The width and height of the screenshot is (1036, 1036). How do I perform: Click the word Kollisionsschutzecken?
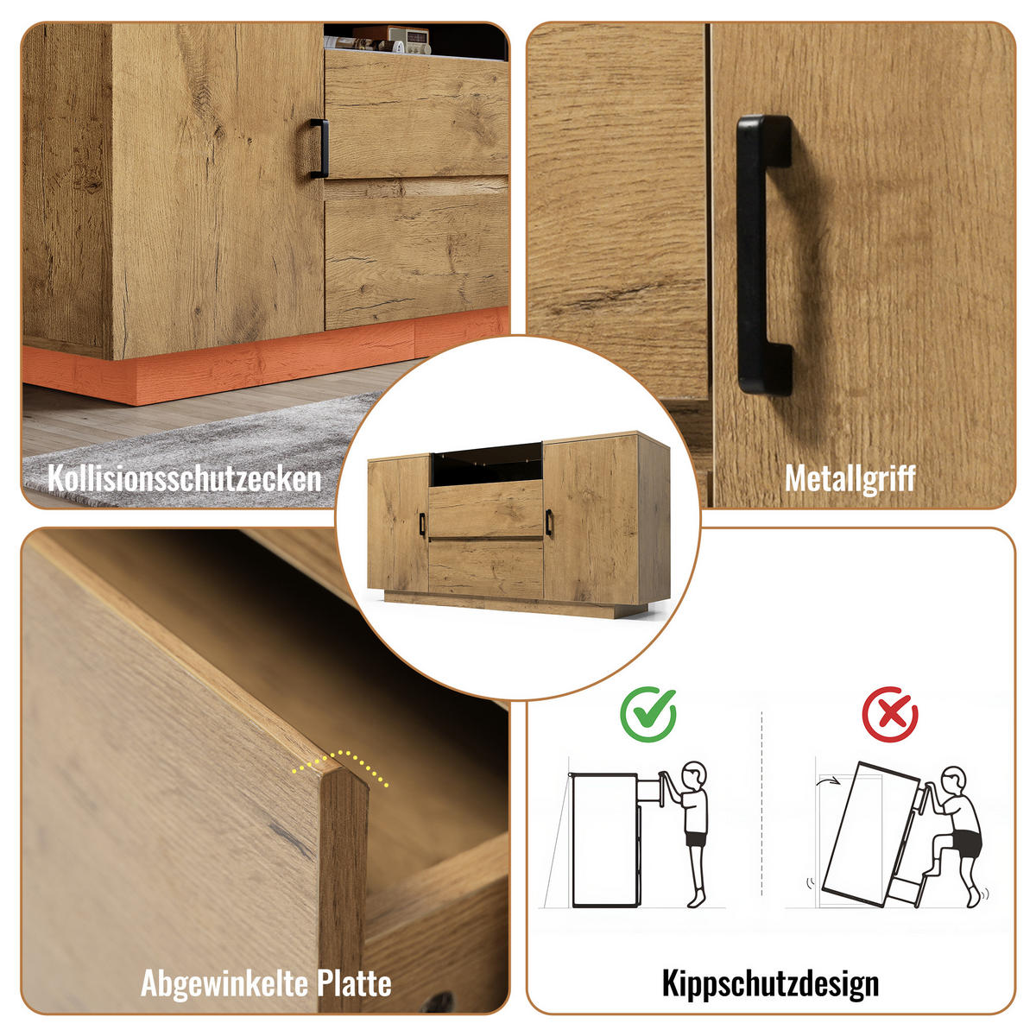click(x=184, y=478)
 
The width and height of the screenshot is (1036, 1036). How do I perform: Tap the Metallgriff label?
click(x=850, y=478)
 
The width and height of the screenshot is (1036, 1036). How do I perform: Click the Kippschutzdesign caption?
click(x=770, y=982)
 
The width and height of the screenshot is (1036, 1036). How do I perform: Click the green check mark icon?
click(x=648, y=714)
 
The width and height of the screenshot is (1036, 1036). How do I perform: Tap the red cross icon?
click(x=890, y=714)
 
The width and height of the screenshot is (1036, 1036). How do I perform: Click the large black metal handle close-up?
click(x=763, y=256)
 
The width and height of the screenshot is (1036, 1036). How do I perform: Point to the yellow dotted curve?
click(x=340, y=764)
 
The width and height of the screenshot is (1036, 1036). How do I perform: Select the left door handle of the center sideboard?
click(x=421, y=525)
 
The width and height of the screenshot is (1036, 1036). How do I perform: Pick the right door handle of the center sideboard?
click(x=548, y=522)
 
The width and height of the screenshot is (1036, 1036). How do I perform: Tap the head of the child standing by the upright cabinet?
click(x=693, y=774)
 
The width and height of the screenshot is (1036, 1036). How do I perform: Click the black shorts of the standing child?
click(x=696, y=838)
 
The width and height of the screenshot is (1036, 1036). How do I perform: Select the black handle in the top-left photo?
click(x=319, y=148)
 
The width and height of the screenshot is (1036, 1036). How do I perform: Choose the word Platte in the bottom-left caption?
click(x=354, y=982)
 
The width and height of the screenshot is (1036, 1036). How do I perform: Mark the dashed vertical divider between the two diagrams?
click(x=761, y=803)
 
